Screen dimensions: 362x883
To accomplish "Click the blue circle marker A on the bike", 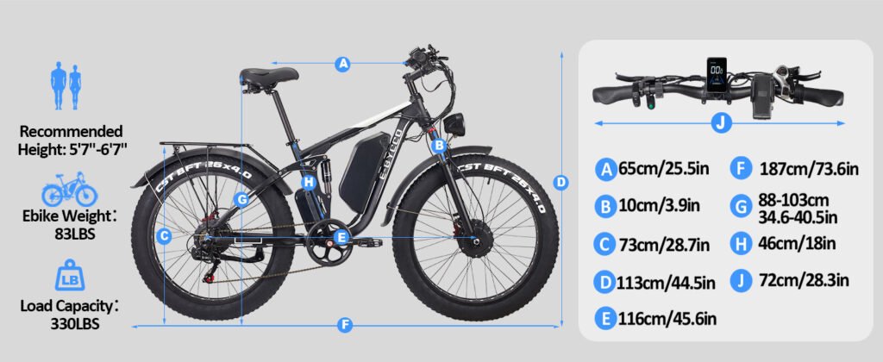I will [x=343, y=63].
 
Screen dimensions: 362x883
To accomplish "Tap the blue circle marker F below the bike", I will [x=345, y=325].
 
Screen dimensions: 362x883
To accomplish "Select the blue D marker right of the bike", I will [x=561, y=182].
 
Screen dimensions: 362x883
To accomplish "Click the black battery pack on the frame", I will [x=360, y=169].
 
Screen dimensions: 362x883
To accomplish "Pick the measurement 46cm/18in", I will [x=794, y=243].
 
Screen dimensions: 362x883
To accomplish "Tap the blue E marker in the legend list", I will [x=606, y=320].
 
